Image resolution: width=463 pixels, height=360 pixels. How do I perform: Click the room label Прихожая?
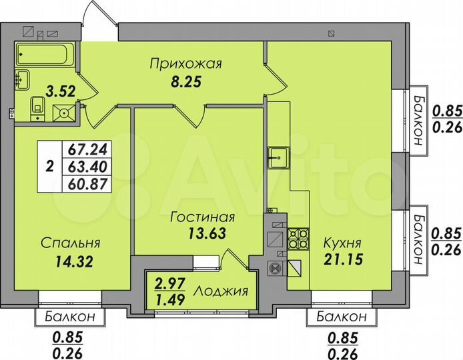185,65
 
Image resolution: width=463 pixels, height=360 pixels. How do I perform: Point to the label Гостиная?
202,217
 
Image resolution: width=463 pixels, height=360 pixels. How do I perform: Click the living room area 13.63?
202,233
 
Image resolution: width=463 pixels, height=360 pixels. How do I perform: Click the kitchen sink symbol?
277,157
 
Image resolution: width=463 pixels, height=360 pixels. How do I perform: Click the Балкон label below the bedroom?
66,316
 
